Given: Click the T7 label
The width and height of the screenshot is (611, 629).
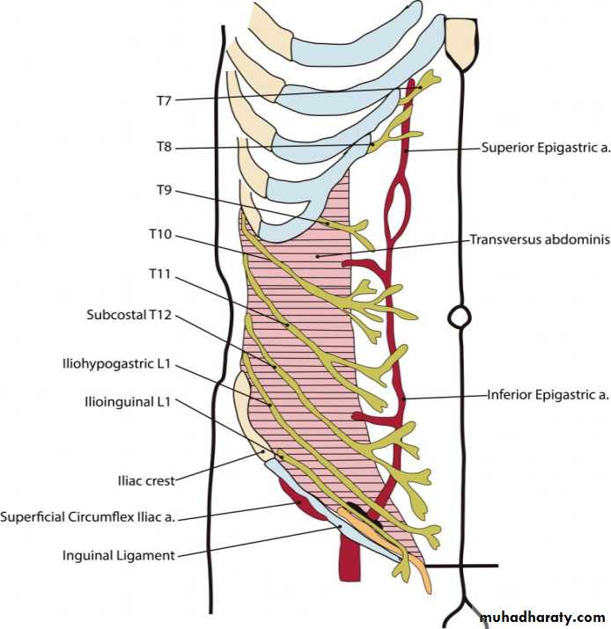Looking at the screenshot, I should click(x=163, y=100).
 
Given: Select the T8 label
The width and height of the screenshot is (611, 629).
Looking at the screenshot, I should click(x=163, y=147).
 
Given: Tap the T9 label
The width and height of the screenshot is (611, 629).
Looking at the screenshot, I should click(x=163, y=190).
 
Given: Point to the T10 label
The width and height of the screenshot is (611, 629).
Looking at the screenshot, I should click(x=159, y=235).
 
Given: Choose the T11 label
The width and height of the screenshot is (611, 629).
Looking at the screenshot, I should click(x=159, y=275).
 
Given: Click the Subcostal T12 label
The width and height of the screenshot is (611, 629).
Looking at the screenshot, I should click(x=129, y=314).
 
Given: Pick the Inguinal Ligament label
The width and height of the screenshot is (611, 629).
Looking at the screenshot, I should click(x=118, y=555).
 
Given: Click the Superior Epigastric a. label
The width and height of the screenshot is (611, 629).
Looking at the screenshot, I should click(x=546, y=148).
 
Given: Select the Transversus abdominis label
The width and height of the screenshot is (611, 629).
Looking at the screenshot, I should click(x=539, y=238).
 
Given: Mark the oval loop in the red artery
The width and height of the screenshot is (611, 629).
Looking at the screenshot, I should click(x=397, y=205).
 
